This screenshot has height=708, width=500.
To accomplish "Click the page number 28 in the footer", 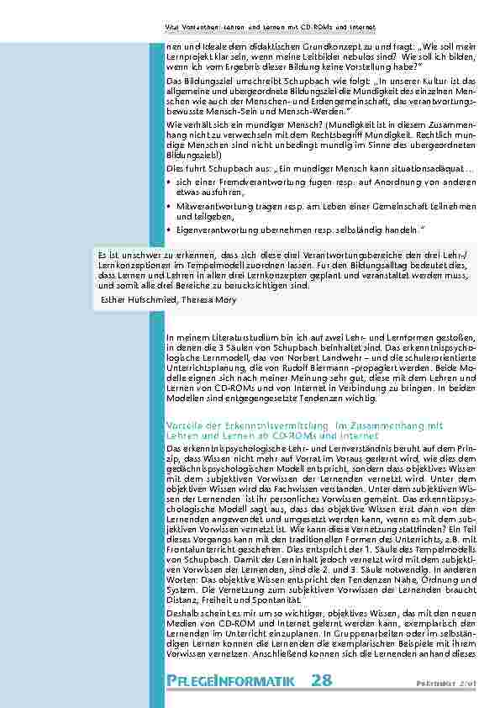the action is click(x=321, y=680).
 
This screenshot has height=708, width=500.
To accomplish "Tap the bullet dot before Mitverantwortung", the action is click(x=170, y=206).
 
